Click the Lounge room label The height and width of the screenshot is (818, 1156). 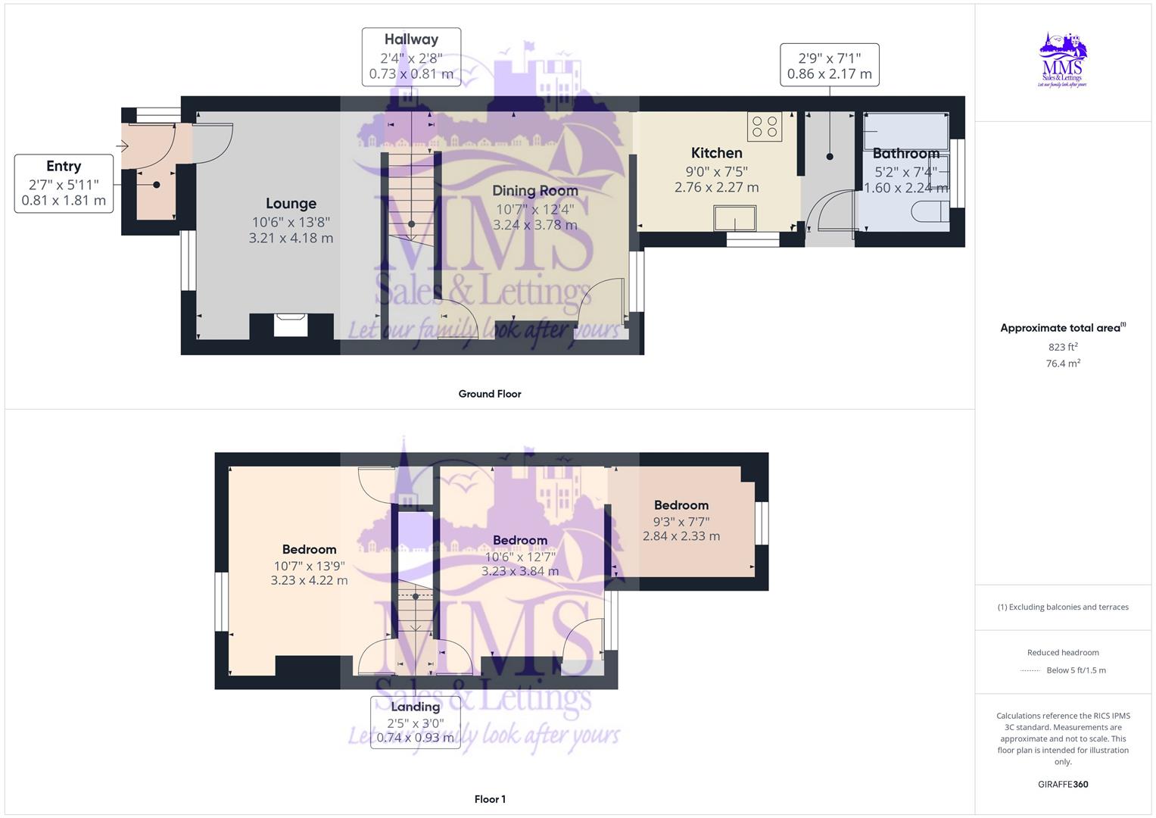click(291, 204)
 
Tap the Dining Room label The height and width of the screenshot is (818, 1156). click(534, 191)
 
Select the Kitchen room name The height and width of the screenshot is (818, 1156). click(716, 153)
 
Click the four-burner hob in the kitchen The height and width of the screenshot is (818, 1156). click(765, 126)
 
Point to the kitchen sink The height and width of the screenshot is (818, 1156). click(734, 218)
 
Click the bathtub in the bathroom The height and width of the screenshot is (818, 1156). click(905, 131)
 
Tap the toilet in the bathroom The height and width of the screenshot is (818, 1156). click(930, 210)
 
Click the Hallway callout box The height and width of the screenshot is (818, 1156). click(411, 57)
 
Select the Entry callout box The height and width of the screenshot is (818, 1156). click(64, 183)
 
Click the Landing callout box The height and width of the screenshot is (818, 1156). click(415, 722)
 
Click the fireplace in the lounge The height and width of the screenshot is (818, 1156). click(291, 325)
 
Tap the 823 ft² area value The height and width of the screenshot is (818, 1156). click(1063, 347)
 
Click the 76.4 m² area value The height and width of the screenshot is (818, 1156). click(1063, 364)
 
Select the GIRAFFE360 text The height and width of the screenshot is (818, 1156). click(1063, 784)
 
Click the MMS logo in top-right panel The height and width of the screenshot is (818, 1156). click(1063, 61)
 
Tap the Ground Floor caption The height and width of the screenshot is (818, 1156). click(490, 394)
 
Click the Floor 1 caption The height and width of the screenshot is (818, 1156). click(490, 799)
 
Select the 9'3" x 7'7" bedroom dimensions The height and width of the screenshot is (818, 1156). click(681, 521)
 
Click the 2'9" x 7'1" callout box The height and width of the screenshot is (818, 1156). click(829, 65)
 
